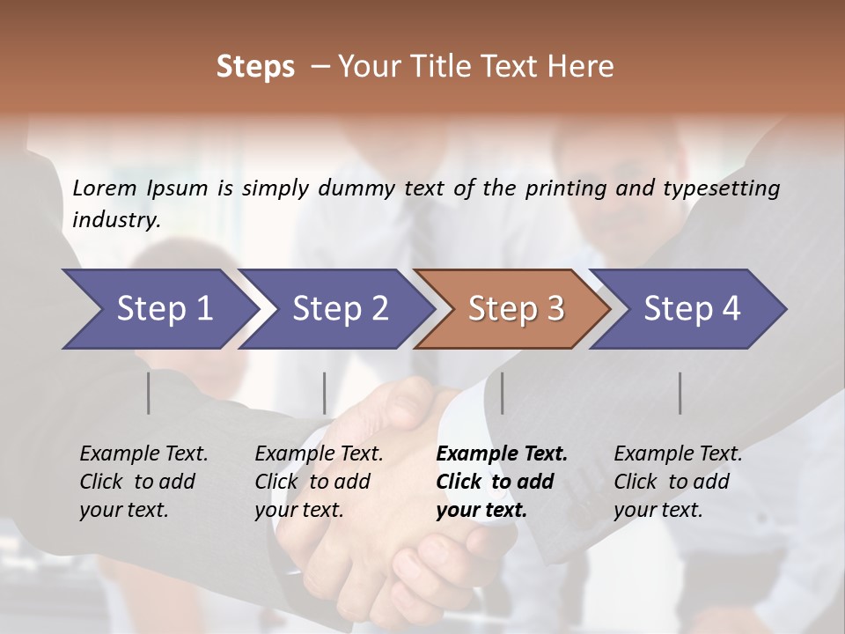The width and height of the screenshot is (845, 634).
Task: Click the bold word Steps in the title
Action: (255, 67)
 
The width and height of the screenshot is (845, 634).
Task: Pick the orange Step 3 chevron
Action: (516, 309)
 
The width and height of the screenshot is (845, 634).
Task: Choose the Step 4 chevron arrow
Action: (692, 309)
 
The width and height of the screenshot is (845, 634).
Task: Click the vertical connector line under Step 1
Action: (149, 393)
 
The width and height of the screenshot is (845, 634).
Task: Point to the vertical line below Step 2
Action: (325, 393)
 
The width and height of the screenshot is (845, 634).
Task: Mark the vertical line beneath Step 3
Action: (503, 393)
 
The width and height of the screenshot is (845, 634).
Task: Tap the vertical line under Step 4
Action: (680, 393)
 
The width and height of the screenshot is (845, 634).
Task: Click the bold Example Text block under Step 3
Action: (502, 482)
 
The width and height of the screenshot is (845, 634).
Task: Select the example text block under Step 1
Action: (143, 482)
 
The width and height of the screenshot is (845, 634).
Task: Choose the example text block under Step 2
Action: (319, 482)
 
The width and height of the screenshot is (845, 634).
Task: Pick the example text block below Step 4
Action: (678, 482)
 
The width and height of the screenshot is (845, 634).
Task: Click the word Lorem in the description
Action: (105, 188)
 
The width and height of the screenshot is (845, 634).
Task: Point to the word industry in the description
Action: (116, 220)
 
